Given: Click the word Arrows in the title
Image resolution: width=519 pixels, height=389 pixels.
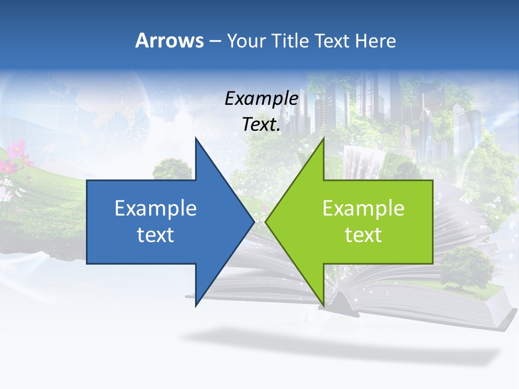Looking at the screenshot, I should pyautogui.click(x=169, y=41).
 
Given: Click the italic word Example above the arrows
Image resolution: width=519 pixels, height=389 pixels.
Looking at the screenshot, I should pyautogui.click(x=261, y=98).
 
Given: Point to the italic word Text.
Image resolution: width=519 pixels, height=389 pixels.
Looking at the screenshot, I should pyautogui.click(x=261, y=125).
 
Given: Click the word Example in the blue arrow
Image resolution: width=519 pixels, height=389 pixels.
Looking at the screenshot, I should pyautogui.click(x=156, y=208).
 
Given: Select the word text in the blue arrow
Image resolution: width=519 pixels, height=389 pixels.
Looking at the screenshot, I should pyautogui.click(x=156, y=234).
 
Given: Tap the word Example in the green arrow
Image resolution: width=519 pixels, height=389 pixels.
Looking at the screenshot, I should pyautogui.click(x=363, y=208).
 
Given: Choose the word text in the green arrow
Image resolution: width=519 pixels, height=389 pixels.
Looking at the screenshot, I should pyautogui.click(x=363, y=234).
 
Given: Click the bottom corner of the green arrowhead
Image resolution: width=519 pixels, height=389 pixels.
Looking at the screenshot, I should pyautogui.click(x=323, y=305).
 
